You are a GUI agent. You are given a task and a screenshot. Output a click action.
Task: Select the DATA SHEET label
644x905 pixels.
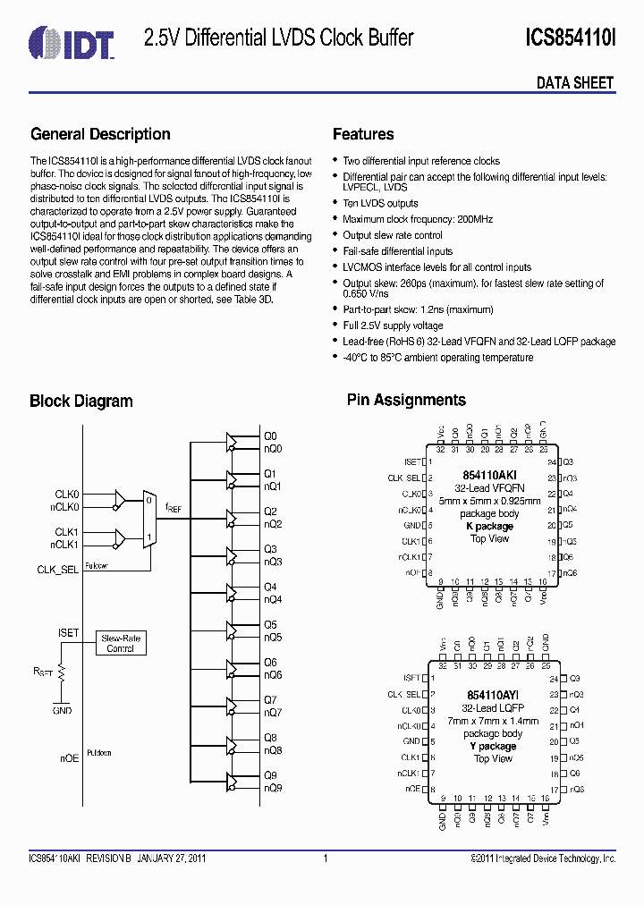(575, 83)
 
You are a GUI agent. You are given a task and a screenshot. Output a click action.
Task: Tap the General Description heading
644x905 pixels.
(100, 134)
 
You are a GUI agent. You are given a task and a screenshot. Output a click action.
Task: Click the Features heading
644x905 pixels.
(363, 134)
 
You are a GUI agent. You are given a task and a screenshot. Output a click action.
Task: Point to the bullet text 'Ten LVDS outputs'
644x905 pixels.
(380, 203)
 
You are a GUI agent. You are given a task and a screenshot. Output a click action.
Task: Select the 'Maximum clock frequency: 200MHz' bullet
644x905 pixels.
(417, 219)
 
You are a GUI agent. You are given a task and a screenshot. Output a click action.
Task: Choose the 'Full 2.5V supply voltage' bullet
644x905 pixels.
(393, 325)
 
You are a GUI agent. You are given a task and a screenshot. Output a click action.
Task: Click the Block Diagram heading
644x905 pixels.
(81, 402)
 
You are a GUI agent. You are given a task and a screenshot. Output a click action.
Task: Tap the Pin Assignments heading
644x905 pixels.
(406, 401)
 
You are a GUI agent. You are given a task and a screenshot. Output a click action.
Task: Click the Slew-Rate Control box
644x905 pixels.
(120, 643)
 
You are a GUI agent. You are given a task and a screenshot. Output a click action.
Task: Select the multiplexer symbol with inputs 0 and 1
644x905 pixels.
(149, 519)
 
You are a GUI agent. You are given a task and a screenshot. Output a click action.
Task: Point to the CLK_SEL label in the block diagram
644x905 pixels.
(58, 569)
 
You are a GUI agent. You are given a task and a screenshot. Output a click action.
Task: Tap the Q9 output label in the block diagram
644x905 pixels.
(270, 775)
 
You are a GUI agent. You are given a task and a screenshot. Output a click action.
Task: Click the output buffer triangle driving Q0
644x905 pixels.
(233, 442)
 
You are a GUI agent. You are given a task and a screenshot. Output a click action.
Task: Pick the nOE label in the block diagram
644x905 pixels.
(69, 757)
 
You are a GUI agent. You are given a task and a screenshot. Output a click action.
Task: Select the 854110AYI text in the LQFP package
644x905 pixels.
(491, 695)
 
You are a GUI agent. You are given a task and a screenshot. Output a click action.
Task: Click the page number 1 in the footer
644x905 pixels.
(326, 858)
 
